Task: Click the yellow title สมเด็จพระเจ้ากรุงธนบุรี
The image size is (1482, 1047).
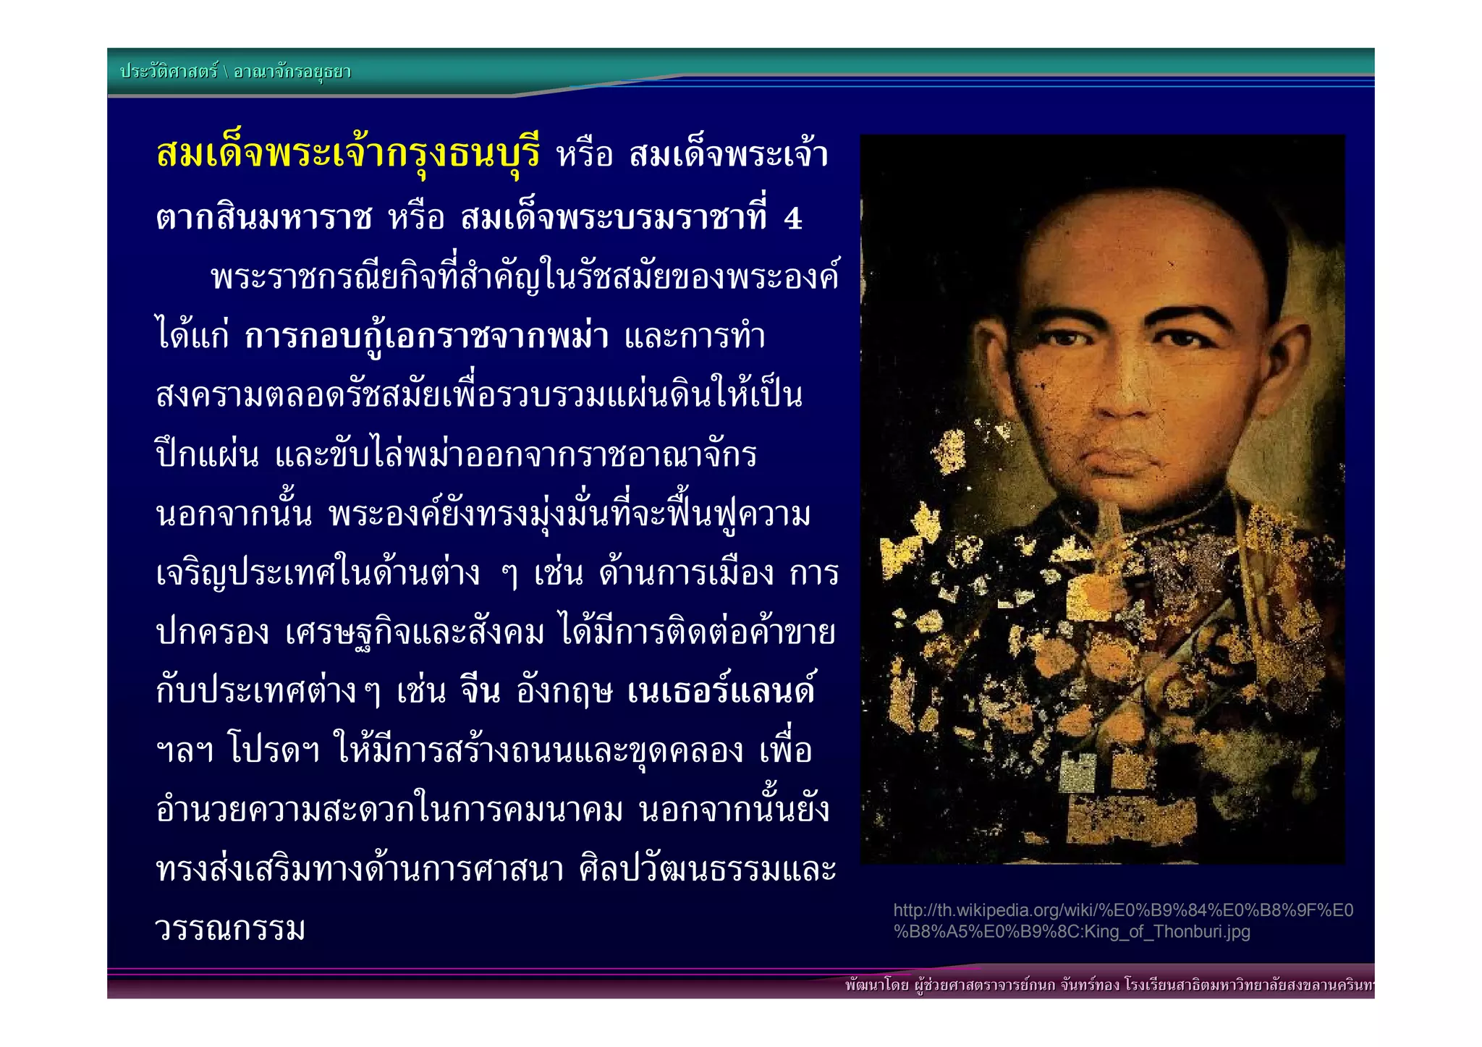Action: point(347,153)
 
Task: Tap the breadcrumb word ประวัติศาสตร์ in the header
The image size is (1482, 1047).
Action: point(169,72)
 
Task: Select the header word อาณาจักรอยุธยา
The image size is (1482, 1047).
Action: point(292,72)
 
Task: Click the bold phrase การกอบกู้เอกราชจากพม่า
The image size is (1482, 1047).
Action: point(426,336)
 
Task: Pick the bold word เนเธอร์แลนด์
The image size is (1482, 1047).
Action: point(721,691)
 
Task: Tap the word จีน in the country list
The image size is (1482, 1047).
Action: point(480,691)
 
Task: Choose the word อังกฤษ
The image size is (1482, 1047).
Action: point(564,691)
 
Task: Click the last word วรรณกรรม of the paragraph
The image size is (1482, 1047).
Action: point(230,928)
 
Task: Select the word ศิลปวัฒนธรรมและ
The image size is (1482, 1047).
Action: point(708,869)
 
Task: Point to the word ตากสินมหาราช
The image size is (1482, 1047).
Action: point(264,219)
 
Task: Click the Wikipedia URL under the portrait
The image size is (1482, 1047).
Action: point(1122,911)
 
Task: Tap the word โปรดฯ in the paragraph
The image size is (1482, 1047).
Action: point(274,750)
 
